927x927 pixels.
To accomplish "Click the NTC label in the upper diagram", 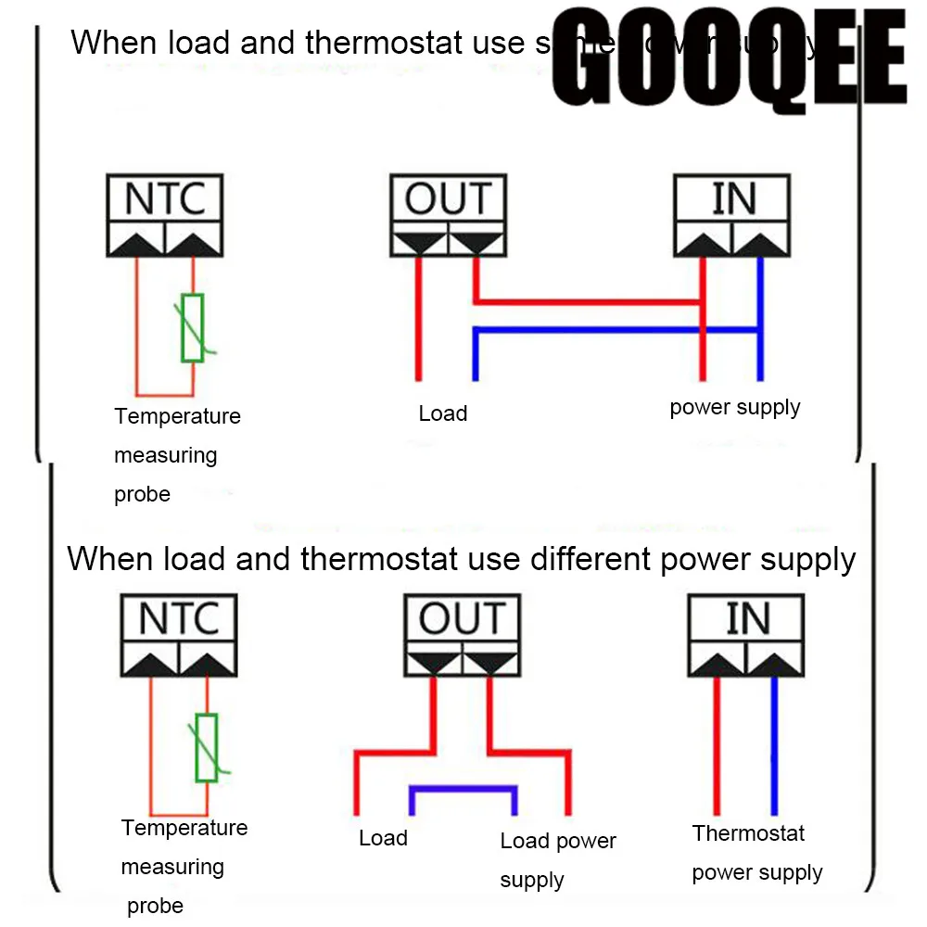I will click(x=165, y=198).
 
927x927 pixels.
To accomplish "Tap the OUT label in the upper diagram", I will click(x=448, y=198).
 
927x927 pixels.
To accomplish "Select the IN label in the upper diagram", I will click(x=732, y=198).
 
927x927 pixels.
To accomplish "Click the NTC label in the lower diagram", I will click(x=179, y=618).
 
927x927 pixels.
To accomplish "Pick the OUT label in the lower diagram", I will click(x=462, y=618).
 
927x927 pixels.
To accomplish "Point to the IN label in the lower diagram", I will click(x=746, y=618).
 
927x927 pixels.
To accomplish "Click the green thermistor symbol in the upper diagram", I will click(x=193, y=328).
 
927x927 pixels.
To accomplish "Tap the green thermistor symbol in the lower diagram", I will click(x=207, y=747).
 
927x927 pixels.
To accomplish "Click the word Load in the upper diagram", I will click(x=442, y=413).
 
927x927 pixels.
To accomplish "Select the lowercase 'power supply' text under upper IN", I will click(x=734, y=407).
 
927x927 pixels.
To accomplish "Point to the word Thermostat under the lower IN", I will click(x=748, y=833).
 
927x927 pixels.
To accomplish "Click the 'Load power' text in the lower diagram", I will click(x=557, y=841).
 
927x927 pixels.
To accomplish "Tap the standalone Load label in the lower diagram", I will click(x=383, y=838).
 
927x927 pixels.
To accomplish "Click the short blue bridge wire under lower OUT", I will click(x=463, y=790).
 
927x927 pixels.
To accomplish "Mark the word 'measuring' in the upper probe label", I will click(x=165, y=455).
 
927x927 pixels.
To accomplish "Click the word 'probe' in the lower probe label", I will click(x=155, y=906).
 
